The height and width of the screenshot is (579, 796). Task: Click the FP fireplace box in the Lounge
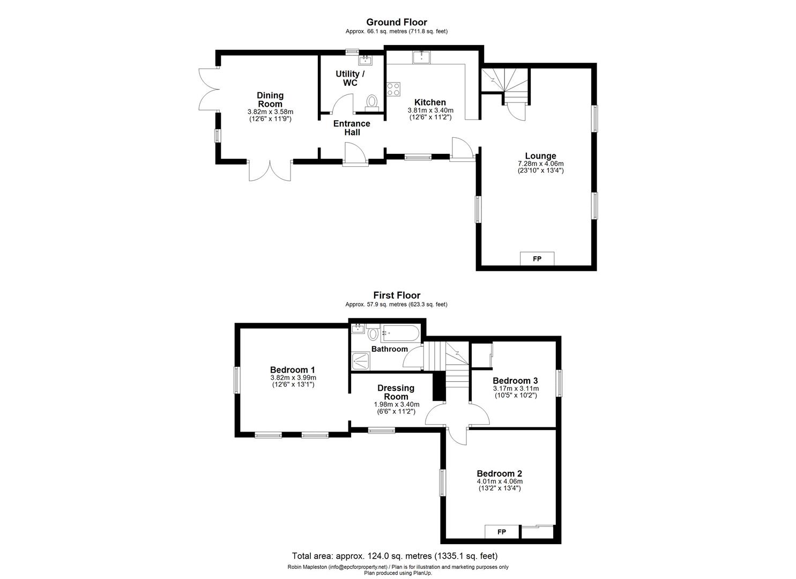coord(537,258)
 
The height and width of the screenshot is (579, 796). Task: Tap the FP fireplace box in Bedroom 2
coord(502,531)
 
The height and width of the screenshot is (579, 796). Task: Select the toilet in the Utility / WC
coord(371,102)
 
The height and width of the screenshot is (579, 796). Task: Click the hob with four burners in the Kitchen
coord(393,89)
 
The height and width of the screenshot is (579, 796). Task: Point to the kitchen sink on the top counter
coord(421,57)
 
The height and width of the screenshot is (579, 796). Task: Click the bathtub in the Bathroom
coord(400,333)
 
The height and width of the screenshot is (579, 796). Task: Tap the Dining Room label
coord(270,100)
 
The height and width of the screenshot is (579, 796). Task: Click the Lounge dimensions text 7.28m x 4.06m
coord(540,164)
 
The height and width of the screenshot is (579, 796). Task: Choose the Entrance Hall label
coord(352,128)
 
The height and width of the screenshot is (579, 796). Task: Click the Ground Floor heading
coord(396,22)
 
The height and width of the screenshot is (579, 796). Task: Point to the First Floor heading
coord(397,295)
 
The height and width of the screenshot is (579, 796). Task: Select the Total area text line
coord(398,556)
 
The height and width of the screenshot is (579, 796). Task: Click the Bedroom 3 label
coord(515,381)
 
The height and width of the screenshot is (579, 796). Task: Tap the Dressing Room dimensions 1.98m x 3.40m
coord(396,404)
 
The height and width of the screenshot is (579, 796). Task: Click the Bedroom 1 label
coord(292,369)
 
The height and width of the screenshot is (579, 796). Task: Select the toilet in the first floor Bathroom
coord(373,334)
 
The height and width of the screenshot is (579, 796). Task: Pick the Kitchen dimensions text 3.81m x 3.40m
coord(430,110)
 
